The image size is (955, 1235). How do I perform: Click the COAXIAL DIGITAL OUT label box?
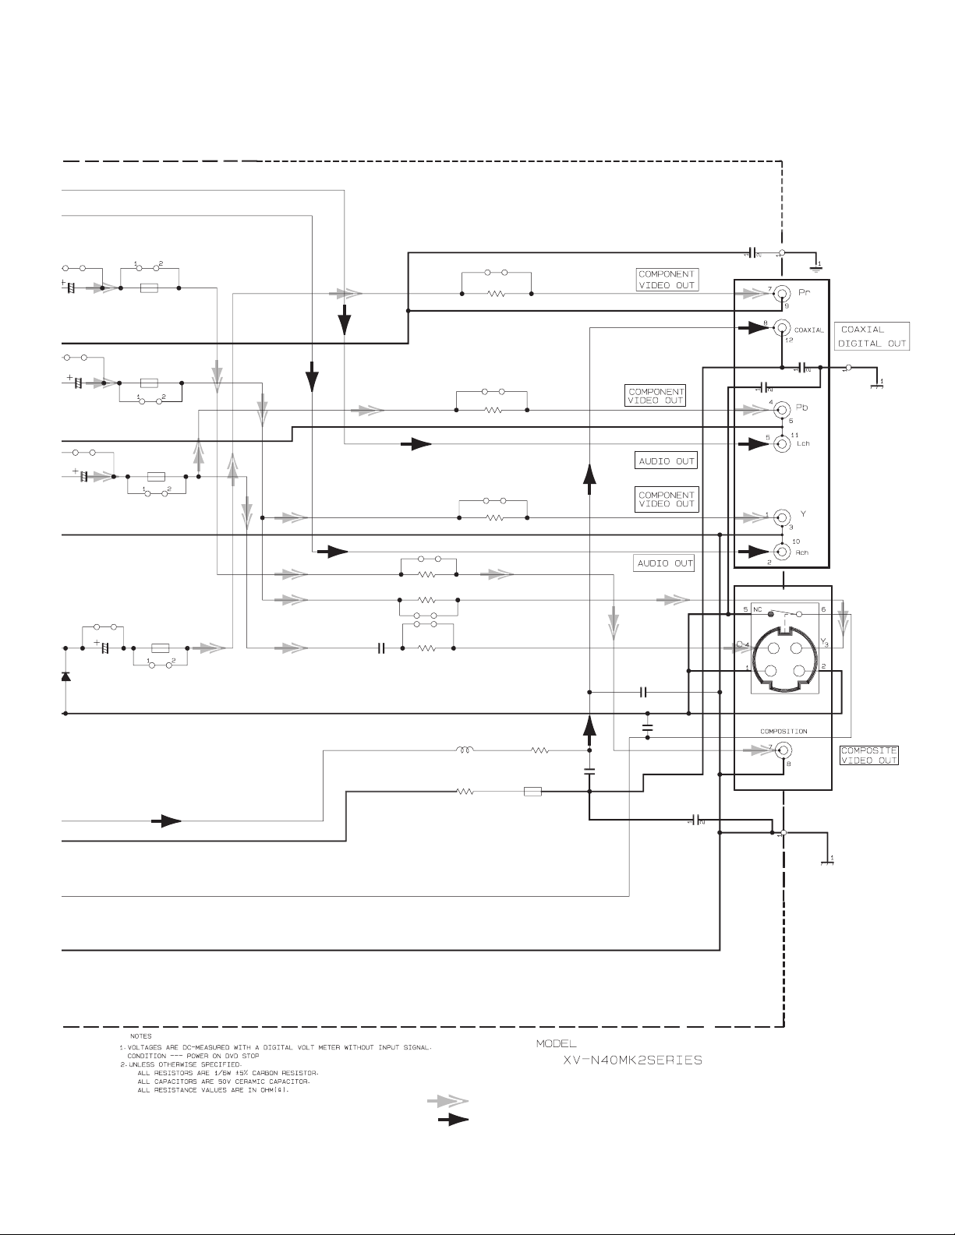point(872,336)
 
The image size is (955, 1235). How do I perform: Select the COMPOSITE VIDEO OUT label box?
point(868,755)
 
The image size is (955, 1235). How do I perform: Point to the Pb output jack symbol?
point(782,409)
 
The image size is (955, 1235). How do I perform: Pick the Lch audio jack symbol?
point(782,443)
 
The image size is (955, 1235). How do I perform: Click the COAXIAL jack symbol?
point(782,330)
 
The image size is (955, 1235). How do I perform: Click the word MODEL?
point(556,1043)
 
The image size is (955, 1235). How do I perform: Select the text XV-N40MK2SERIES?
point(632,1060)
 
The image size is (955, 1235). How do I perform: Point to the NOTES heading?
point(141,1036)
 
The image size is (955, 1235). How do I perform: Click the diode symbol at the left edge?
point(65,676)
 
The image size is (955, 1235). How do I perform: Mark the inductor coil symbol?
point(465,751)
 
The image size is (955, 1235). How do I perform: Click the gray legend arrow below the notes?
point(447,1101)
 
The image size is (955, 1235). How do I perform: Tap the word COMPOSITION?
point(783,732)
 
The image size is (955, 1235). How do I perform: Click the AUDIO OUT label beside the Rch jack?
point(665,563)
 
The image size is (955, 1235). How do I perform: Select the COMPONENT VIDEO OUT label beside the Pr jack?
point(667,280)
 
